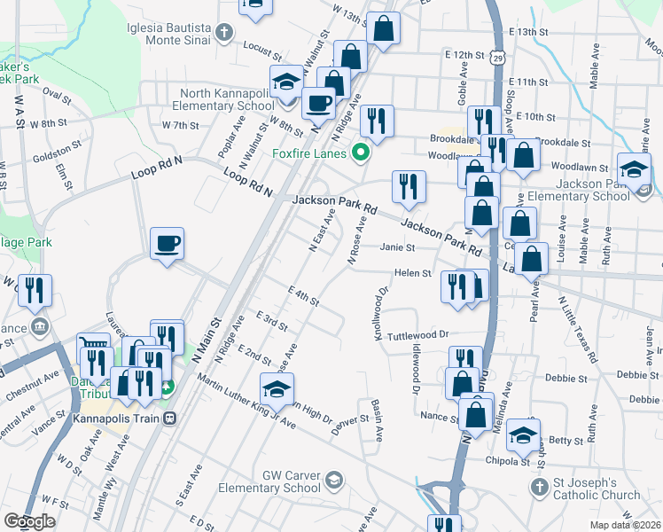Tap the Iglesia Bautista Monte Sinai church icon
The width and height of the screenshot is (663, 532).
tap(224, 34)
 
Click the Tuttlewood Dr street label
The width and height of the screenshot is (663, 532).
tap(419, 335)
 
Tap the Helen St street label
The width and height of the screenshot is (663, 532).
tap(413, 274)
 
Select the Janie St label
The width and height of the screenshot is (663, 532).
tap(398, 248)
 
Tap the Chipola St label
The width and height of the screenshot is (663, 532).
tap(508, 460)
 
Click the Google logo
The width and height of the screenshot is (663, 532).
tap(29, 522)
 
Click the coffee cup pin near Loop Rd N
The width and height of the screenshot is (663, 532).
tap(167, 244)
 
